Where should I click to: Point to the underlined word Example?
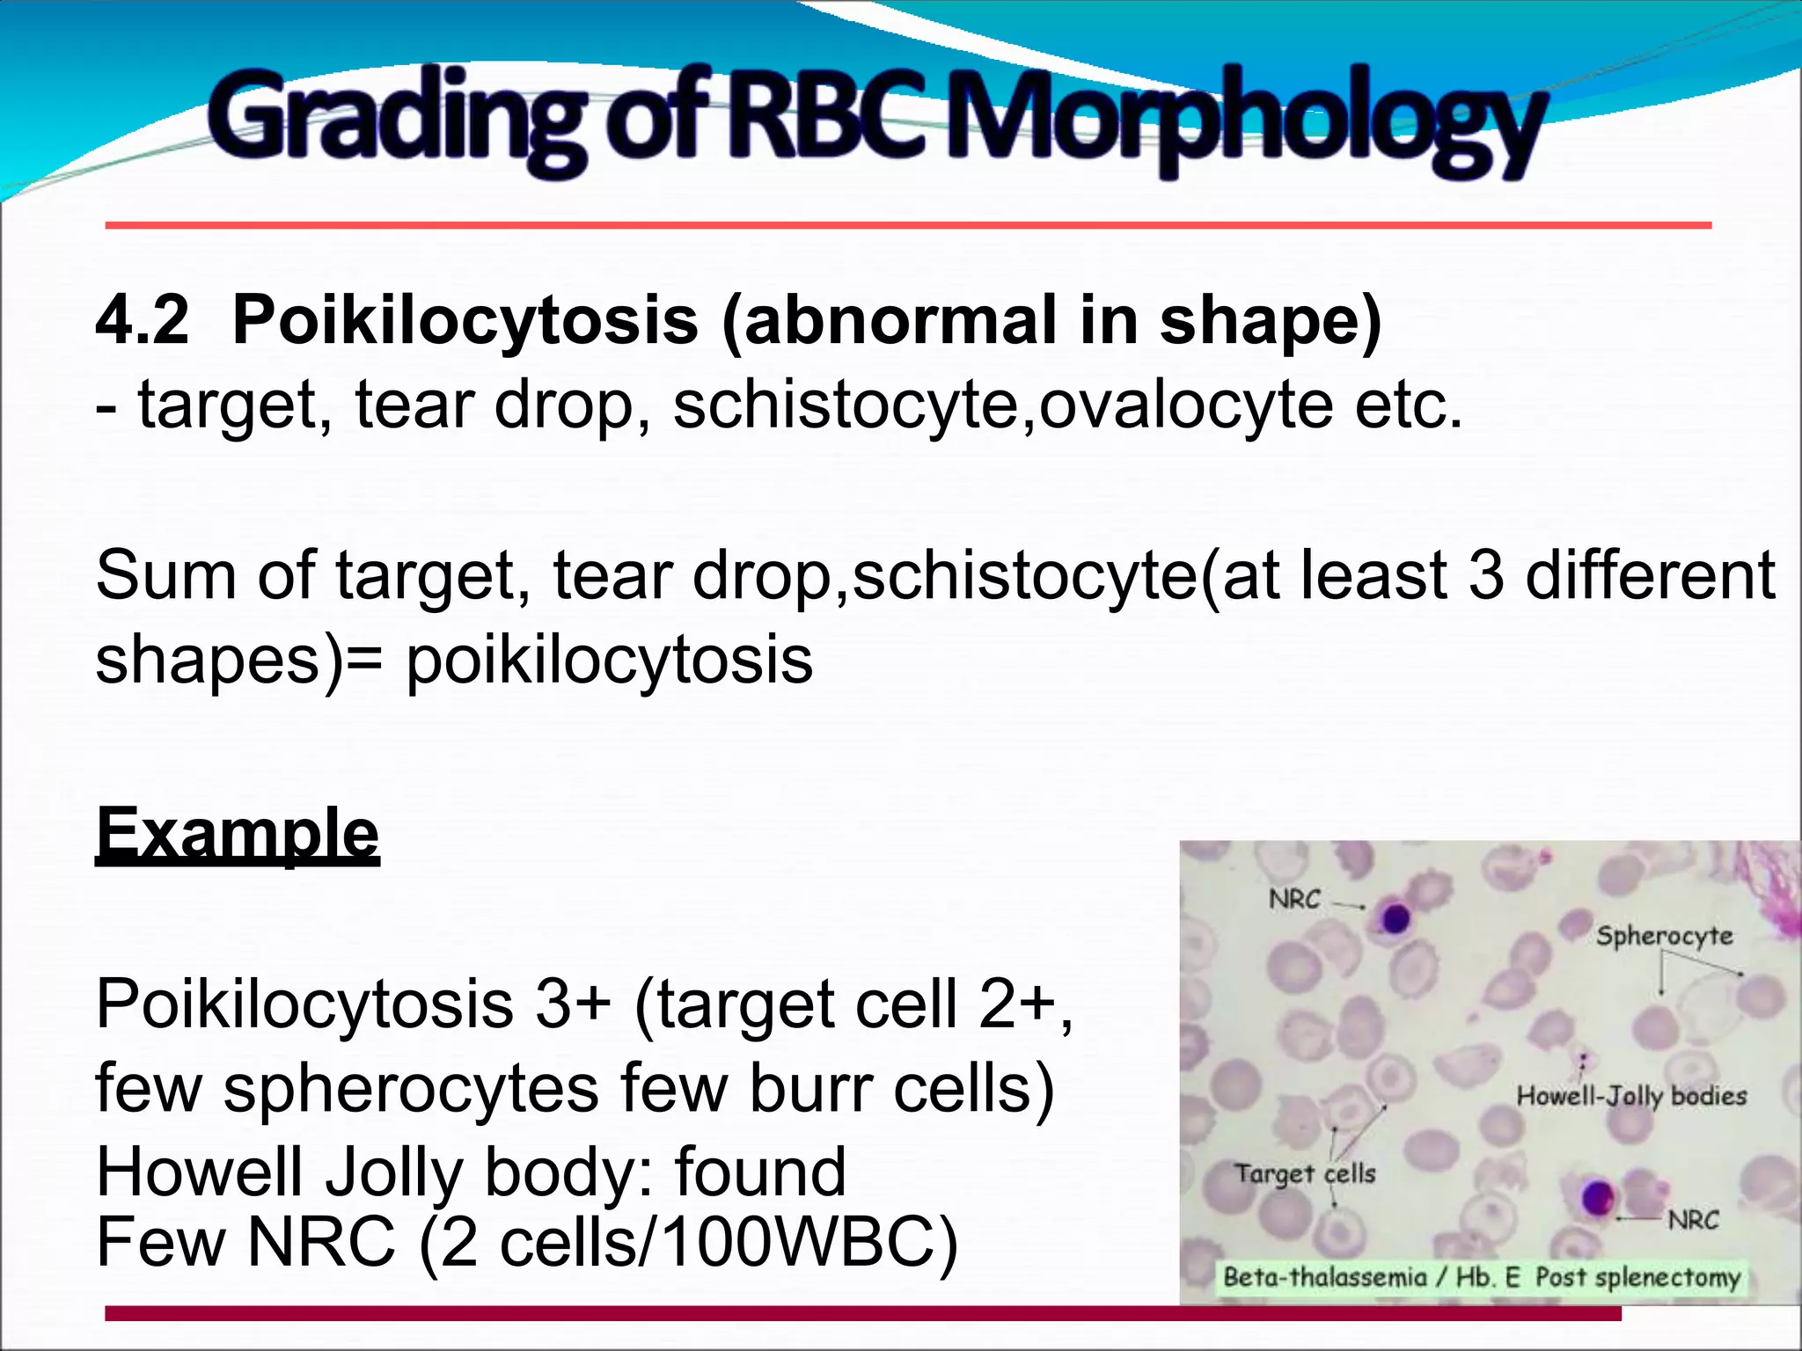pyautogui.click(x=238, y=833)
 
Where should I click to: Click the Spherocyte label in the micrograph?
pyautogui.click(x=1664, y=936)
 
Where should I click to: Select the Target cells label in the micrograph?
pyautogui.click(x=1305, y=1173)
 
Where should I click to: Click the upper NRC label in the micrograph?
pyautogui.click(x=1294, y=899)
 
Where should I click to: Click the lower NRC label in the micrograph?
pyautogui.click(x=1693, y=1220)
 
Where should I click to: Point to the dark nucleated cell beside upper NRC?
pyautogui.click(x=1395, y=919)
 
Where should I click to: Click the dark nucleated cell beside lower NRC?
pyautogui.click(x=1598, y=1198)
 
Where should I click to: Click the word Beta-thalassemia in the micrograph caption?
pyautogui.click(x=1324, y=1277)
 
